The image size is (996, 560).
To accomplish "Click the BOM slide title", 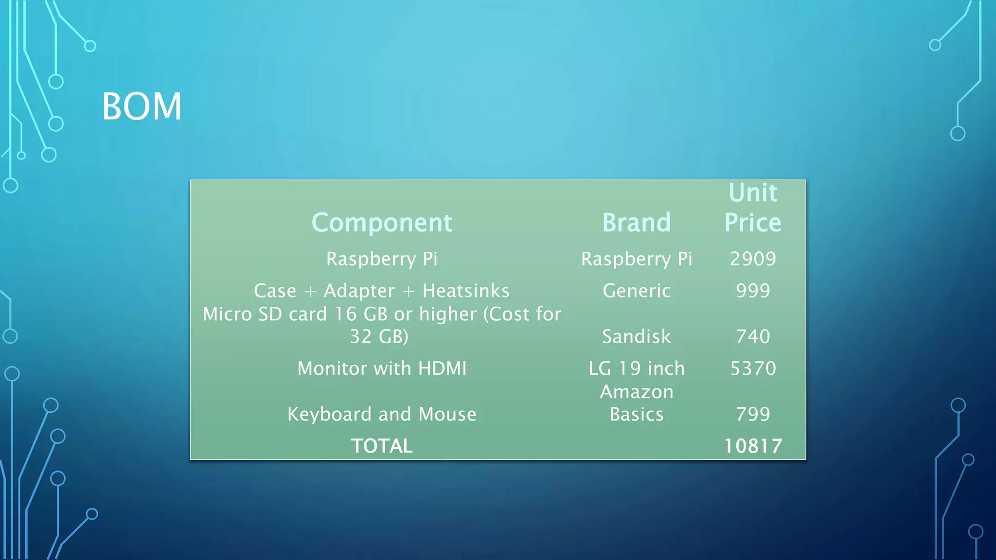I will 142,106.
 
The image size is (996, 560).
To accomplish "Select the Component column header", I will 382,223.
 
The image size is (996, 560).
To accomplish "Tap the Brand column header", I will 636,223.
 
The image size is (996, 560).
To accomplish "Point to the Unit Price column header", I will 753,208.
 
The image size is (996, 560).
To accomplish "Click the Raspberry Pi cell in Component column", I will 382,259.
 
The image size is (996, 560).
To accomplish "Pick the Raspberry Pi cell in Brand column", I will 636,259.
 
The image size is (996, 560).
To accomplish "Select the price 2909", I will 753,259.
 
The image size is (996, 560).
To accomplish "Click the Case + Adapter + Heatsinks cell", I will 382,291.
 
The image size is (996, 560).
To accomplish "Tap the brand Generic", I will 636,291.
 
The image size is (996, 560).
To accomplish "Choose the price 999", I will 753,291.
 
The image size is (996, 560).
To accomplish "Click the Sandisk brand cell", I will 636,336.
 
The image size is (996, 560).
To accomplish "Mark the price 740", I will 753,336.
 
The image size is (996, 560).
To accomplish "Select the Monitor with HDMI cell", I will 382,368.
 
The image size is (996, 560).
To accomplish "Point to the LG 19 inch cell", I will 636,368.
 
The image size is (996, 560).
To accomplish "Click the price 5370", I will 753,368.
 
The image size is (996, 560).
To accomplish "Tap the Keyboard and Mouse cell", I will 382,414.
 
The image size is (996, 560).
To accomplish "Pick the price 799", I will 753,414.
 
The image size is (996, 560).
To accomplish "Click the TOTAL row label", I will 382,446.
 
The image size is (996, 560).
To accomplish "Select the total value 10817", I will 753,446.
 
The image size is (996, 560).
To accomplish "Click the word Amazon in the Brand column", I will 636,392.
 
